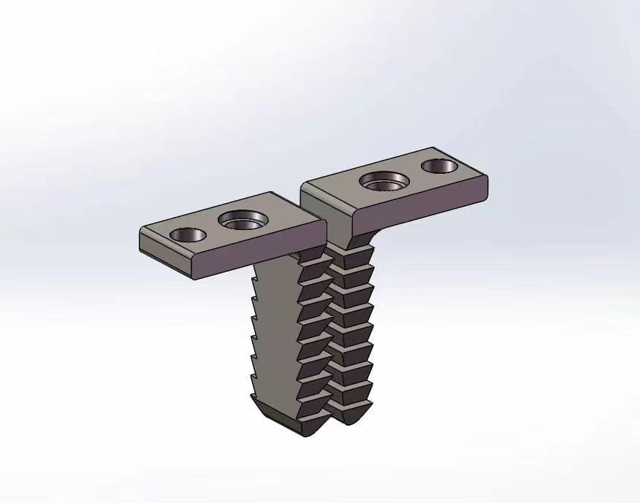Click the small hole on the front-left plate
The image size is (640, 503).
pos(188,235)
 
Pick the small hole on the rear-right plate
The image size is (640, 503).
pos(441,166)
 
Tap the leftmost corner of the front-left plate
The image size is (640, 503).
pos(141,234)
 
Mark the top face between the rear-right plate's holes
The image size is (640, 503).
pos(414,173)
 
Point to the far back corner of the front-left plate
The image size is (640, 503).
pos(272,193)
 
